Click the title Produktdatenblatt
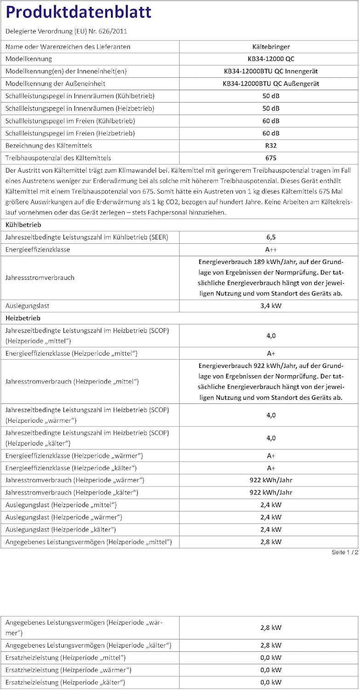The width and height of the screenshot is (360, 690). (x=78, y=12)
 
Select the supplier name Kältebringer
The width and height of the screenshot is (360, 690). (x=271, y=46)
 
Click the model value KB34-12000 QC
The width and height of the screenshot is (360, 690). (x=271, y=59)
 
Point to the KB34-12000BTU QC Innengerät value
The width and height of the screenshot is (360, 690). (x=271, y=71)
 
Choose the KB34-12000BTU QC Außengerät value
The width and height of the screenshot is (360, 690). (x=271, y=84)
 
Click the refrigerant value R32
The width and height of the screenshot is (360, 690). (x=271, y=145)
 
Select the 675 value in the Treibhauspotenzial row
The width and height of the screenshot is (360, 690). (x=271, y=158)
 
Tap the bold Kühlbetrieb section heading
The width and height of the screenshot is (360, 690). (x=23, y=225)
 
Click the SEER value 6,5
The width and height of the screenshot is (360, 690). (x=271, y=237)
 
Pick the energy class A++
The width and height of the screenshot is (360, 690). (x=271, y=249)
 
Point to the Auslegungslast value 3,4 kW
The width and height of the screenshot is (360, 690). (x=271, y=305)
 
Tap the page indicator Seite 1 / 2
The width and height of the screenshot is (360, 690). (x=344, y=552)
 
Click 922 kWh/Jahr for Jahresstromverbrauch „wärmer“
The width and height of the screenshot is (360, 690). (x=271, y=480)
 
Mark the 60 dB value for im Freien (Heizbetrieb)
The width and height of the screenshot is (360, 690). (x=271, y=133)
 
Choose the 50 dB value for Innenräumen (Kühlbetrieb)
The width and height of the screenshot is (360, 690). (x=271, y=96)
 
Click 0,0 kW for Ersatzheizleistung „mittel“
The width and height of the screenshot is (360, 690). (x=271, y=658)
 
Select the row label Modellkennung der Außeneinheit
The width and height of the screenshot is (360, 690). (x=56, y=84)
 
